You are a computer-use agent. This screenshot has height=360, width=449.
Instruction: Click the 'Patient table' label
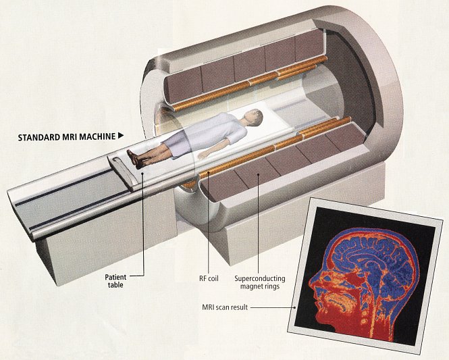[115, 281]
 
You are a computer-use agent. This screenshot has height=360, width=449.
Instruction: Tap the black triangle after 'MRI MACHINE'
[121, 135]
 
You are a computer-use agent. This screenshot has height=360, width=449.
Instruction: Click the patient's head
[250, 116]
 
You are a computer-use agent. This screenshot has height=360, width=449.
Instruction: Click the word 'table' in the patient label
[115, 286]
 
